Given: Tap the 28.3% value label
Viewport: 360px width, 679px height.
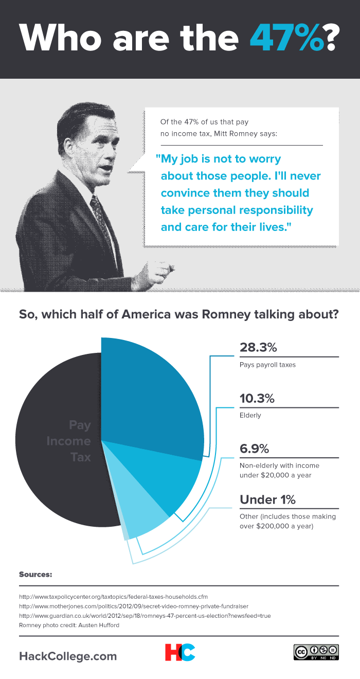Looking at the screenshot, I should [x=259, y=347].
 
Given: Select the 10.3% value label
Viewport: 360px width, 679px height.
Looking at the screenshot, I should [x=257, y=398].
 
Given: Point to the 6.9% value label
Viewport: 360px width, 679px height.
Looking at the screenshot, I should [x=255, y=449].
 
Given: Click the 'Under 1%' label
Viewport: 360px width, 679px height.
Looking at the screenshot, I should [x=268, y=499].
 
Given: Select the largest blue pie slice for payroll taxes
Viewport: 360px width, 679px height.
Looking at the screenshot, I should [x=149, y=396].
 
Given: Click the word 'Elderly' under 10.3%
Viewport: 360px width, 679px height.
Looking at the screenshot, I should [x=250, y=415].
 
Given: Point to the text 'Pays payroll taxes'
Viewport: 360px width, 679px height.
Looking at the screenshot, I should [x=267, y=365].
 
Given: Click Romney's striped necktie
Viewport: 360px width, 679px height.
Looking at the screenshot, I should [x=100, y=216].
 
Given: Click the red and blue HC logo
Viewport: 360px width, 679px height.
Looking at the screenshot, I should [x=180, y=652].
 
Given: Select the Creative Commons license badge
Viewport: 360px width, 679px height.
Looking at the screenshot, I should [x=316, y=652].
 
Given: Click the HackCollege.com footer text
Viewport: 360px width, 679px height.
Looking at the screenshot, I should [x=68, y=656].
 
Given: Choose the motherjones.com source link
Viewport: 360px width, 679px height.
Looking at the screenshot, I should [x=134, y=606].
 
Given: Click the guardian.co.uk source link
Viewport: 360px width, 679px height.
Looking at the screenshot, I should [x=145, y=616].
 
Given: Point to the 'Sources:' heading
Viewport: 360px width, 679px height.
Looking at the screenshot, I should [x=35, y=574].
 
